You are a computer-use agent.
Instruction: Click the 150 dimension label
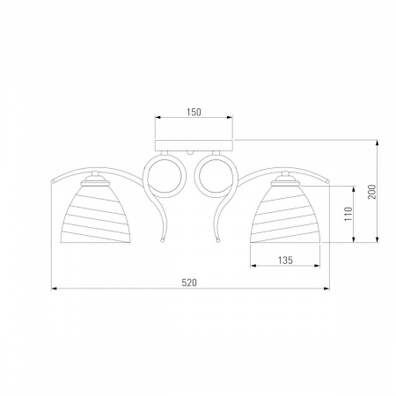(194, 112)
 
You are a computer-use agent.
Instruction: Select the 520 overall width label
(189, 282)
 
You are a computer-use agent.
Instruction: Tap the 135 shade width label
(285, 260)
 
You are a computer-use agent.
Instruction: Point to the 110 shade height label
(348, 214)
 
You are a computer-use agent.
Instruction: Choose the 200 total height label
(372, 192)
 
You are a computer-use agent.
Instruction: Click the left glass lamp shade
(95, 213)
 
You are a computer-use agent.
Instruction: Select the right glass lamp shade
(285, 213)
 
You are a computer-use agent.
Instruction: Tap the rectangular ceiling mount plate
(194, 145)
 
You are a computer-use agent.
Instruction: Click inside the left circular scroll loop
(166, 176)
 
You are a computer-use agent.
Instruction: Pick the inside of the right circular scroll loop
(215, 176)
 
